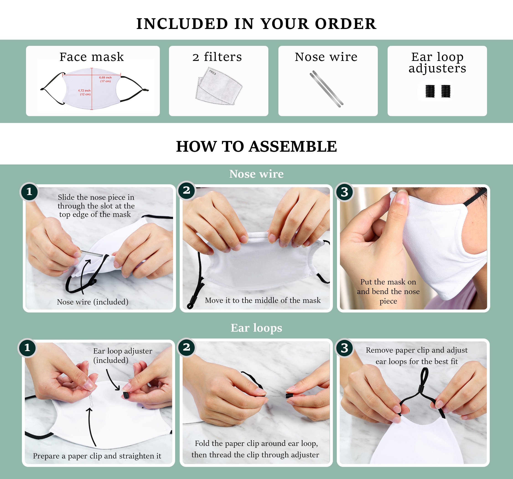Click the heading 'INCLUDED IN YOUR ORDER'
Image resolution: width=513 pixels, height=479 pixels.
pos(256,24)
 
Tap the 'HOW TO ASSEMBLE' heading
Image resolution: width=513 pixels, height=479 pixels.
pos(256,146)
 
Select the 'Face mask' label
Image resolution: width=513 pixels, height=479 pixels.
pos(92,57)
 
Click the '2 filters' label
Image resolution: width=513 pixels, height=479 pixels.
pos(217,57)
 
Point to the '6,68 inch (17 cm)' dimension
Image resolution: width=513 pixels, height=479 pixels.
pos(105,79)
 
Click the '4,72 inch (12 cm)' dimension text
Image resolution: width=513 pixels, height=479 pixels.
pos(84,92)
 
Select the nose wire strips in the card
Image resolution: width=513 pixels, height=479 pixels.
pos(326,89)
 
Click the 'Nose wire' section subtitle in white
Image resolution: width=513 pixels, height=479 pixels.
pos(256,174)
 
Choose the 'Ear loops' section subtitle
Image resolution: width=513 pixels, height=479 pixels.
pos(256,328)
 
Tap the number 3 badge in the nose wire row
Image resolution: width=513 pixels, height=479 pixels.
pos(345,192)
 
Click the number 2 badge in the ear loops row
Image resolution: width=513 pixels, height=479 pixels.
pos(186,347)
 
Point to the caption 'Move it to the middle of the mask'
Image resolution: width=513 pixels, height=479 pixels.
pos(263,300)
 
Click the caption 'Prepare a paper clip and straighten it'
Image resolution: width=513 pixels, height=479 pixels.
pos(97,456)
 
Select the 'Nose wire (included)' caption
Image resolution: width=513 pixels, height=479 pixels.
pos(93,302)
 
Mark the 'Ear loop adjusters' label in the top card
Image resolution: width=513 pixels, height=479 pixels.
pos(437,62)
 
